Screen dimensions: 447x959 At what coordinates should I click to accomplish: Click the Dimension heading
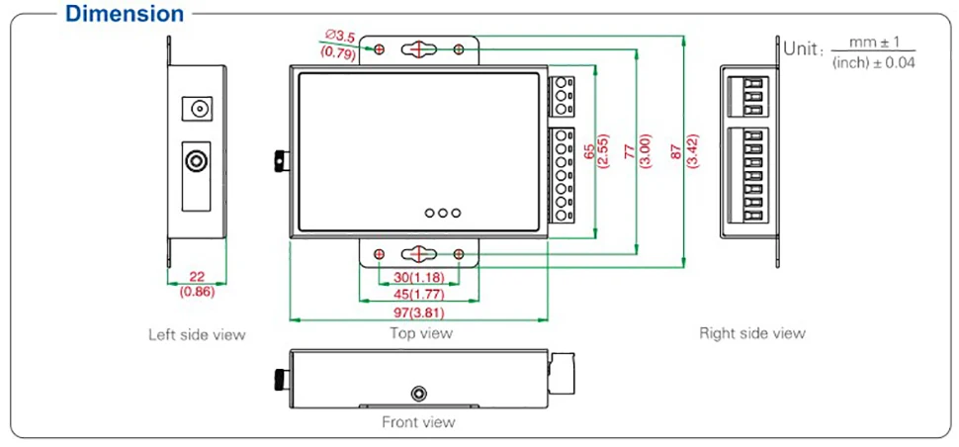(124, 14)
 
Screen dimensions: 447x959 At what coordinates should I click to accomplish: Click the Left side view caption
(197, 334)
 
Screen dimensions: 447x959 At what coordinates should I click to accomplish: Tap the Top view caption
(421, 333)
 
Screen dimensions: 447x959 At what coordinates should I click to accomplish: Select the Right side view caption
(751, 333)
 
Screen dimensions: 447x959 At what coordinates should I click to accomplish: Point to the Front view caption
(418, 422)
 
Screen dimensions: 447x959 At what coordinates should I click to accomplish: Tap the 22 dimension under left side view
(197, 277)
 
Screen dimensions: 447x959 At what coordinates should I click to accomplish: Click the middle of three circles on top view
(442, 213)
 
